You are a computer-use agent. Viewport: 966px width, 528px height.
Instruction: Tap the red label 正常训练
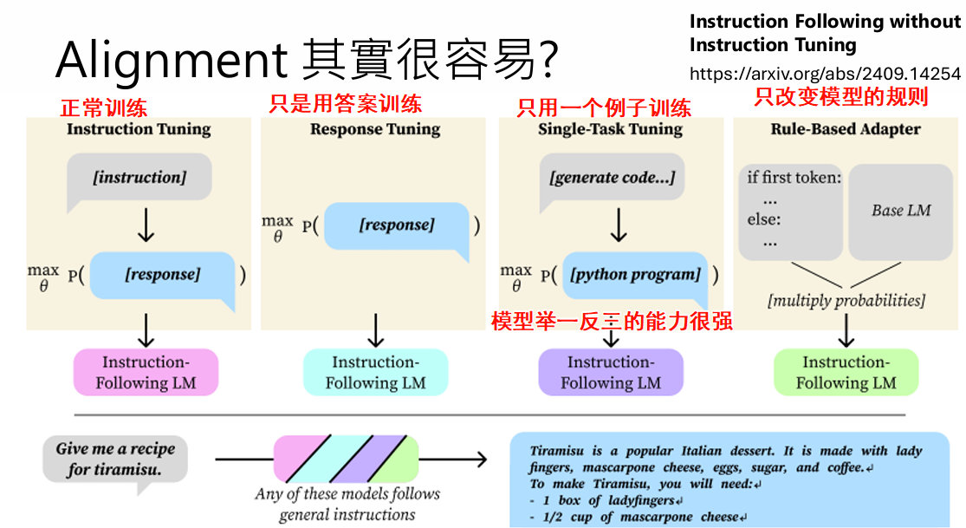click(x=103, y=108)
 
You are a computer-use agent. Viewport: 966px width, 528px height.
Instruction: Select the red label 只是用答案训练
click(x=345, y=104)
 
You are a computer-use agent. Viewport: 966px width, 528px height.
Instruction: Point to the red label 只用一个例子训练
click(x=604, y=108)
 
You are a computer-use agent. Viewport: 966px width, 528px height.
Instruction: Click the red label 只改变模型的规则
click(x=840, y=97)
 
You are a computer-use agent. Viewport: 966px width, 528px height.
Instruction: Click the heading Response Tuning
click(x=375, y=130)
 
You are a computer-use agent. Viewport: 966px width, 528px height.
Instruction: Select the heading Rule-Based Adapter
click(x=846, y=130)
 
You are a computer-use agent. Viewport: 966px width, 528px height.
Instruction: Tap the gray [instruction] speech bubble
click(x=139, y=178)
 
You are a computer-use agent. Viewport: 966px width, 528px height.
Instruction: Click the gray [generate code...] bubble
click(x=612, y=179)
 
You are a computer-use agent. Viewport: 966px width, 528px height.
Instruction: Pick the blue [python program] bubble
click(x=635, y=275)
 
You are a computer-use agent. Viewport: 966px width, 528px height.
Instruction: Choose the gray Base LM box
click(x=900, y=211)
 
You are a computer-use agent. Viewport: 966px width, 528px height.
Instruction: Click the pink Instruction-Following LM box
click(x=146, y=373)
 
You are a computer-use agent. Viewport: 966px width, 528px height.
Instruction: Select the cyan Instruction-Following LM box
click(x=375, y=373)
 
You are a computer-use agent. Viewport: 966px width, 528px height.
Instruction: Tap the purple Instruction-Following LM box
click(x=611, y=373)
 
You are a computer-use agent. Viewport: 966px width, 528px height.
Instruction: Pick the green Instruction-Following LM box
click(x=846, y=373)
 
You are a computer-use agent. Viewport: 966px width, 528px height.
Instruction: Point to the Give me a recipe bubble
click(x=115, y=460)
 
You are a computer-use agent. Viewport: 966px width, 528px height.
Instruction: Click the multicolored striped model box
click(x=346, y=460)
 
